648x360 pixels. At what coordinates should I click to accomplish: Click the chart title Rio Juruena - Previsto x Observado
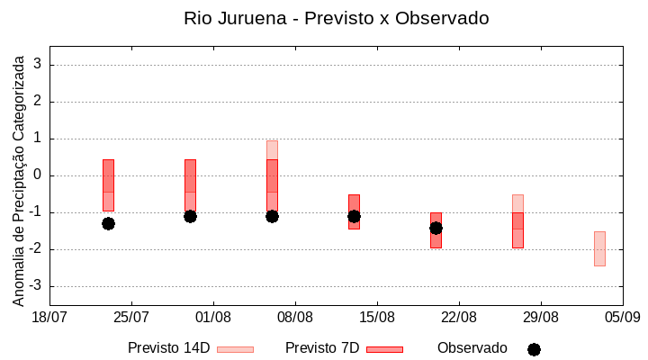[x=337, y=18]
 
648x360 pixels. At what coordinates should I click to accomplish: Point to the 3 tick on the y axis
[x=38, y=65]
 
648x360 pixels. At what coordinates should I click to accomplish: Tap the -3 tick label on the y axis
[x=34, y=286]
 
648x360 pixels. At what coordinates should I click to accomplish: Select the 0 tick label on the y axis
[x=38, y=175]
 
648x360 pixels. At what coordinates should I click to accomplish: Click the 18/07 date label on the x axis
[x=49, y=317]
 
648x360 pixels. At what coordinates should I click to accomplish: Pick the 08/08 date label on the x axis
[x=295, y=317]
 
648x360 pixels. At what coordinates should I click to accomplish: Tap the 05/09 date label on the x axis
[x=623, y=317]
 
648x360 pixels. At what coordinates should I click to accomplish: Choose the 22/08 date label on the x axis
[x=459, y=317]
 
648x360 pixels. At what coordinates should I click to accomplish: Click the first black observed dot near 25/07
[x=108, y=223]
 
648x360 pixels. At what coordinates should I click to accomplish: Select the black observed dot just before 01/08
[x=190, y=216]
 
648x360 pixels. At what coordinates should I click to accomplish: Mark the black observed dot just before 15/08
[x=354, y=216]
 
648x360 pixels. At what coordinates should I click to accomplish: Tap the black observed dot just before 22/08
[x=436, y=228]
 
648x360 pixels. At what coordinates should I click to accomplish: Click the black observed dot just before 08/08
[x=272, y=216]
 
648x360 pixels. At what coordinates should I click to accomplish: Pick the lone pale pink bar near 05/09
[x=599, y=248]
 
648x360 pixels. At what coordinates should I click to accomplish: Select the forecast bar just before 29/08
[x=517, y=221]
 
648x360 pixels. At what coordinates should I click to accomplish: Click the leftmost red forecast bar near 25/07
[x=108, y=185]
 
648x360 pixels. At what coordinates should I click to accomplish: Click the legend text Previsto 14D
[x=168, y=348]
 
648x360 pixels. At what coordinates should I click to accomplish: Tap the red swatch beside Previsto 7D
[x=384, y=349]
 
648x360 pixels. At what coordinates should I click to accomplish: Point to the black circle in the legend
[x=534, y=349]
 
